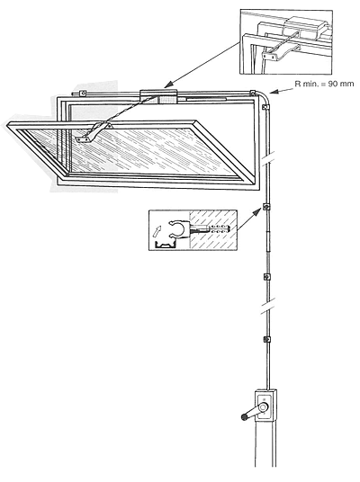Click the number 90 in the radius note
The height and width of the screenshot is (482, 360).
point(334,84)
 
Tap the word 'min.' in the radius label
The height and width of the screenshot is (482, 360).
point(310,84)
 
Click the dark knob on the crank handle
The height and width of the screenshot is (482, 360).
point(245,417)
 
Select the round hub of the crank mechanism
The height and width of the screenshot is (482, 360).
point(264,407)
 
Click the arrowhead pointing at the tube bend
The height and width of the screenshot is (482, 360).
point(274,92)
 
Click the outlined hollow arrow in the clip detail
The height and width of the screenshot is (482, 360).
point(157,230)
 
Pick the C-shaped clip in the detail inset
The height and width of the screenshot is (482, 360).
point(178,228)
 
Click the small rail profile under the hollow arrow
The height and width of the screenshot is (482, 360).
point(166,245)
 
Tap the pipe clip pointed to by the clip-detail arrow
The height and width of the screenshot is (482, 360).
point(265,207)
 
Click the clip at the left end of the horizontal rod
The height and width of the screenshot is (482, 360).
point(82,93)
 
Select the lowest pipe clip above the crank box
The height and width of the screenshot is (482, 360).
point(266,340)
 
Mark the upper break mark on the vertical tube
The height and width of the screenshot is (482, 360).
point(267,159)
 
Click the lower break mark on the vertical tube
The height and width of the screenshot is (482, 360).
point(267,306)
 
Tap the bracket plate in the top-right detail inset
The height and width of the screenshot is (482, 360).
point(268,56)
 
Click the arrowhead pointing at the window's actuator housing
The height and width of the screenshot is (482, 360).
point(167,85)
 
